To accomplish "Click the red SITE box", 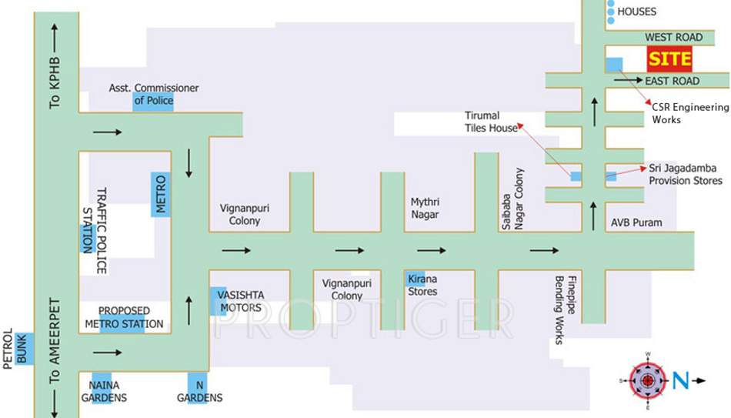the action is point(669,59).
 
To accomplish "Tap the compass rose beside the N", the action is point(648,379).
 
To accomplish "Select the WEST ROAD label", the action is point(673,37).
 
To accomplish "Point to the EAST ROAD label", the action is point(672,81).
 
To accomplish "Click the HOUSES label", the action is point(637,12).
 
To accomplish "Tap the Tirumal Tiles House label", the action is point(491,122).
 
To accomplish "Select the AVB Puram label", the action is point(636,222).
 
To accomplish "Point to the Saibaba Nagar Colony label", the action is point(512,199).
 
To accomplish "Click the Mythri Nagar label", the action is point(425,208).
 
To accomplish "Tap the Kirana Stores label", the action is point(422,284).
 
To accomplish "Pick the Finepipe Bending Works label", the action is point(559,309).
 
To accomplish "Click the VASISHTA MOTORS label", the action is point(239,301).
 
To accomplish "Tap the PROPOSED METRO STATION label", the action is point(124,316).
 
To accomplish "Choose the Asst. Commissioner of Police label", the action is point(154,94).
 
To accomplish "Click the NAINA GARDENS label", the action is point(104,390).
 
